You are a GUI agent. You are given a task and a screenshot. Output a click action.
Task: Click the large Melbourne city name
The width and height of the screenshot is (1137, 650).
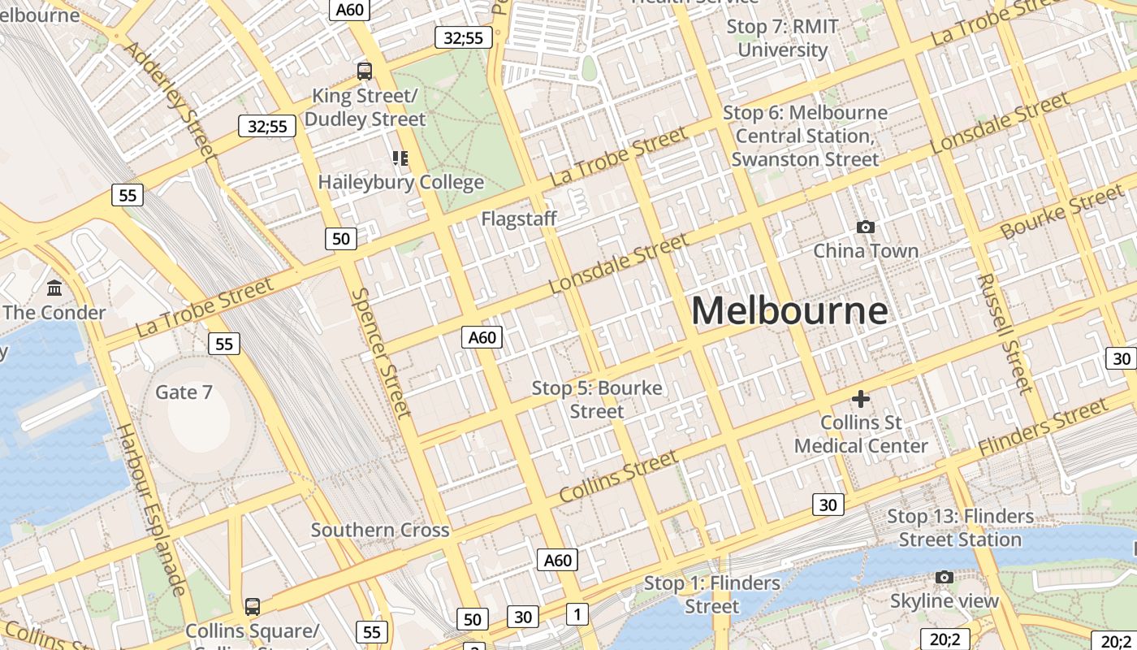point(789,311)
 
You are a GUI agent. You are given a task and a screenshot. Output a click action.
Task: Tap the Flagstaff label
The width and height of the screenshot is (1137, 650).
point(519,219)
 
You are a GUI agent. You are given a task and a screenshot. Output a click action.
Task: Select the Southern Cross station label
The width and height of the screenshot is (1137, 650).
point(380,531)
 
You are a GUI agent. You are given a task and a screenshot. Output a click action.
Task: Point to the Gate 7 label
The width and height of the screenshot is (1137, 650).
point(184,392)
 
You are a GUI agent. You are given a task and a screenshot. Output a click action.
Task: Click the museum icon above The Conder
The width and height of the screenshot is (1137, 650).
point(54,288)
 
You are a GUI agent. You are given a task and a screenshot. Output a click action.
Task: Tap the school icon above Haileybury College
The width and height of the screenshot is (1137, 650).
point(400,158)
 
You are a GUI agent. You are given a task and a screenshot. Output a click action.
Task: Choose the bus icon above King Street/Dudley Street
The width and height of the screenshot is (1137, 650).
point(364,71)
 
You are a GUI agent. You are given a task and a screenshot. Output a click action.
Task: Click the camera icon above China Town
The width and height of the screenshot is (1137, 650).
point(866,227)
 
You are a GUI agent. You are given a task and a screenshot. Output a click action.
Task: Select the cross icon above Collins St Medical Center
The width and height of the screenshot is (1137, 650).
point(860,399)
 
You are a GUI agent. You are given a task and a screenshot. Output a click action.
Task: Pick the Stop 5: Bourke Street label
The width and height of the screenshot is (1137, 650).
point(597,400)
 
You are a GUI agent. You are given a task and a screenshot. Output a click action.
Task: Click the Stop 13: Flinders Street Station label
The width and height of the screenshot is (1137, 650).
point(960,527)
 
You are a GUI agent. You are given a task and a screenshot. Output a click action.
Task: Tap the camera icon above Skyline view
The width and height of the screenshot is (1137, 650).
point(944,577)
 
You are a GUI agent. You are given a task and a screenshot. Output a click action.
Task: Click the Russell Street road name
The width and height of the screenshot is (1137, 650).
point(1005,333)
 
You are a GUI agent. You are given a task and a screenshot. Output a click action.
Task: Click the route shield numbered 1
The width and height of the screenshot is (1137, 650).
point(577,614)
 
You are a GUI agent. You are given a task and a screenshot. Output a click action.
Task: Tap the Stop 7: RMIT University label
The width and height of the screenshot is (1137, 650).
point(782,38)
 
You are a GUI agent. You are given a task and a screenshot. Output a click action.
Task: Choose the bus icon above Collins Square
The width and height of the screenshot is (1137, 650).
point(253,606)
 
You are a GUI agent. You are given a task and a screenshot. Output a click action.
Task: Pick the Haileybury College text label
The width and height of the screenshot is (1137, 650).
point(401,182)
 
